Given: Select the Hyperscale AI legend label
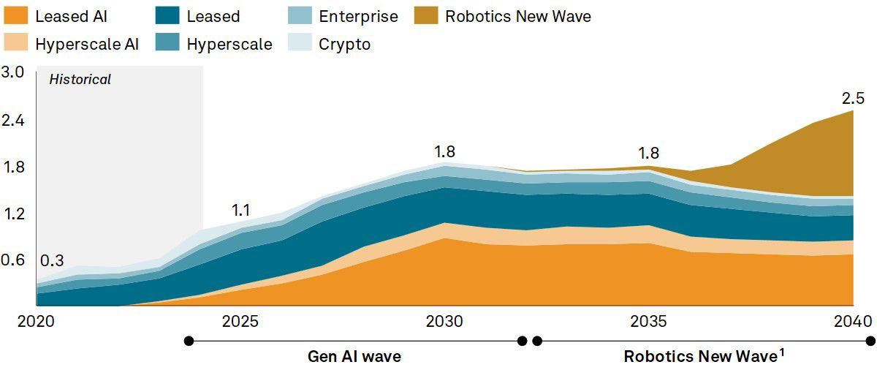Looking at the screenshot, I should (87, 44).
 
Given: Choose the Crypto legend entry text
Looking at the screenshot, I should (344, 44).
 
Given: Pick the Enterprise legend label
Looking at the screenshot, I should (358, 16).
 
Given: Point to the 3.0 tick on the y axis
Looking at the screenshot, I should (13, 72).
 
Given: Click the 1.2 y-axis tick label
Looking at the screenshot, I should (13, 214).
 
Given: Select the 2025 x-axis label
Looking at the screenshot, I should (240, 322).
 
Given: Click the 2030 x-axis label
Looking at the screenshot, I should (444, 322).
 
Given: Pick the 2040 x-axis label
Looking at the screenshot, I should (853, 322).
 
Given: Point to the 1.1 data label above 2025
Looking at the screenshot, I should (241, 211).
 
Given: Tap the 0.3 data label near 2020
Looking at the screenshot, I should (52, 261).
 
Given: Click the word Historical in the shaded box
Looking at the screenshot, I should (80, 80).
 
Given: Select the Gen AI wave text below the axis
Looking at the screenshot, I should (354, 358).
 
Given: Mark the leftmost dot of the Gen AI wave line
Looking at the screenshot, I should (189, 341).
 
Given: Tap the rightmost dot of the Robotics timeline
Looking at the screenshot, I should (870, 341).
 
